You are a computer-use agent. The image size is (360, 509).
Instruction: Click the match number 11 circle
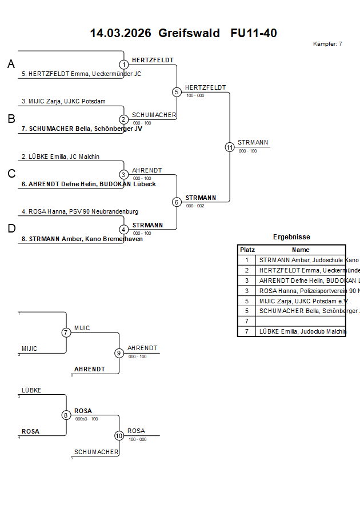coord(230,147)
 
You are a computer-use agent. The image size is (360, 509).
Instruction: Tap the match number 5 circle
coord(177,92)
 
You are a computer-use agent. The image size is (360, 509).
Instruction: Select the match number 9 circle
coord(119,353)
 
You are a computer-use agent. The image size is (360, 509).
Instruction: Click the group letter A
coord(11,65)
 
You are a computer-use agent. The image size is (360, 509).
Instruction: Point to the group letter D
coord(11,229)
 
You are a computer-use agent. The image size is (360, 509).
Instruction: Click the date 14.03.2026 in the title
coord(120,33)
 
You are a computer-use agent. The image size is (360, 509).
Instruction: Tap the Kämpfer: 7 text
coord(327,44)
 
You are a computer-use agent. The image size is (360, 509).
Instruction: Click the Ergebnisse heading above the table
coord(291,237)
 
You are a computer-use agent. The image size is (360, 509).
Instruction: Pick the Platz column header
coord(247,250)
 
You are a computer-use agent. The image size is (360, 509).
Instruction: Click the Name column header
coord(301,250)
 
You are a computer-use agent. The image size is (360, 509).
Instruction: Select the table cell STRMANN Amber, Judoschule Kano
coord(301,260)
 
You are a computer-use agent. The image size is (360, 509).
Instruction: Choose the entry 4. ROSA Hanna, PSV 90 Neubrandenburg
coord(79,211)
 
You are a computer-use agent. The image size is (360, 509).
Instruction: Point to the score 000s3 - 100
coord(86,419)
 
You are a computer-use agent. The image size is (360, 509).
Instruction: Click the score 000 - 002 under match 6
coord(195,206)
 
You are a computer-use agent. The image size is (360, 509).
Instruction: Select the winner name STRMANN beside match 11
coord(253,142)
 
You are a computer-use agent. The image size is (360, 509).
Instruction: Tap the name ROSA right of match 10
coord(136,431)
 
